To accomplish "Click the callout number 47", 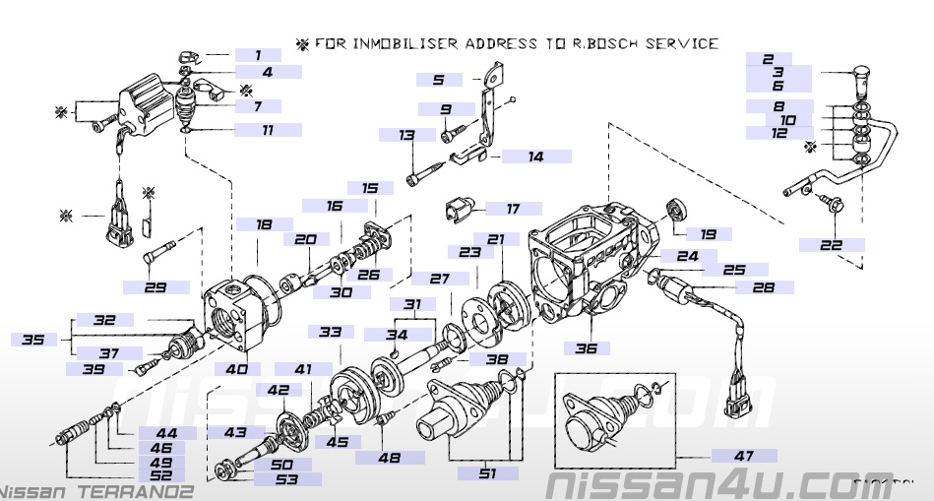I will pyautogui.click(x=743, y=456).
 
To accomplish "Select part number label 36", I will pyautogui.click(x=587, y=347).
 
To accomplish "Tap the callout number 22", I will pyautogui.click(x=831, y=244).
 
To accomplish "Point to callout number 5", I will pyautogui.click(x=438, y=79).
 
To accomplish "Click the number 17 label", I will pyautogui.click(x=513, y=209).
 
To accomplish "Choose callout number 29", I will pyautogui.click(x=156, y=287).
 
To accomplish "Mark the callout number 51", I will pyautogui.click(x=487, y=474).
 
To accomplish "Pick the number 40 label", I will pyautogui.click(x=236, y=369).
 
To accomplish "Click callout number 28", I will pyautogui.click(x=763, y=287).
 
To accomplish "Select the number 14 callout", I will pyautogui.click(x=535, y=156).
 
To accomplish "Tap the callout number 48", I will pyautogui.click(x=390, y=457).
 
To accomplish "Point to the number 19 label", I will pyautogui.click(x=709, y=234).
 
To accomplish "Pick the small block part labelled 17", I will pyautogui.click(x=458, y=209).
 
